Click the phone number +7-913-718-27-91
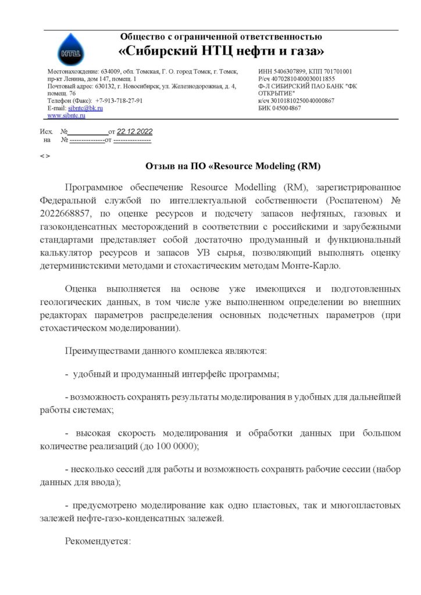coord(119,101)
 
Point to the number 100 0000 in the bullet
coord(176,446)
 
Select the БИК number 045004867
coord(285,108)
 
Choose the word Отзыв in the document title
coord(160,166)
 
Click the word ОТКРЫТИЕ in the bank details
coord(276,93)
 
